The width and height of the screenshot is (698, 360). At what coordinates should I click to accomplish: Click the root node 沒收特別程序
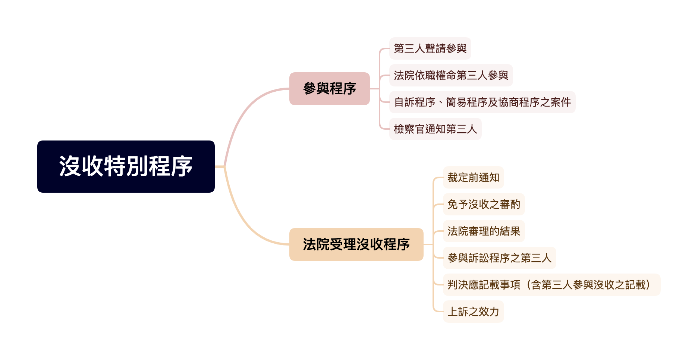point(126,167)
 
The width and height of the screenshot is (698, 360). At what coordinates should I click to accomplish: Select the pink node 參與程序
point(329,89)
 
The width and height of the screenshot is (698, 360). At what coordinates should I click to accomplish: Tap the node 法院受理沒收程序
point(356,244)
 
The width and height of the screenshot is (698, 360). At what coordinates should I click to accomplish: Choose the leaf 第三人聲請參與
point(430,48)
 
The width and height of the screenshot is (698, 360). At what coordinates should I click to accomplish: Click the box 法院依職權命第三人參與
point(451,75)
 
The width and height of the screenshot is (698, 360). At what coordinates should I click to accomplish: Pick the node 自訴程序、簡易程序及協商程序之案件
point(482,102)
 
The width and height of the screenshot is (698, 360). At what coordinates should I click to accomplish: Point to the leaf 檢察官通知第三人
point(435,129)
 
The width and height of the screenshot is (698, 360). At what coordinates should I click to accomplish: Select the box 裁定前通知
point(473,177)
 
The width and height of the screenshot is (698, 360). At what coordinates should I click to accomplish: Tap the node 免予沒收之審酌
point(484,204)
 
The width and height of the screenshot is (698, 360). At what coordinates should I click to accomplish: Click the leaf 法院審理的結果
point(484,231)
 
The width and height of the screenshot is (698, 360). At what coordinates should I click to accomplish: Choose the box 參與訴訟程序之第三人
point(499,258)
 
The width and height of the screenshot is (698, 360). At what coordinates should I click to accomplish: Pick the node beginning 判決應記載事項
point(551,285)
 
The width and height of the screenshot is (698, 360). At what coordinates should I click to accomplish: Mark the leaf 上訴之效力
point(473,312)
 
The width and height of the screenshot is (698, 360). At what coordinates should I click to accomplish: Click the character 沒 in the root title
point(70,167)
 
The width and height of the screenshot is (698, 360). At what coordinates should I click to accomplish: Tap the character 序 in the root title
point(182,167)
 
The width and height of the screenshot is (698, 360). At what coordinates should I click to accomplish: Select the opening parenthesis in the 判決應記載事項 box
point(526,285)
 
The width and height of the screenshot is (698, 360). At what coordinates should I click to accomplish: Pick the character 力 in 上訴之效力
point(494,312)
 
